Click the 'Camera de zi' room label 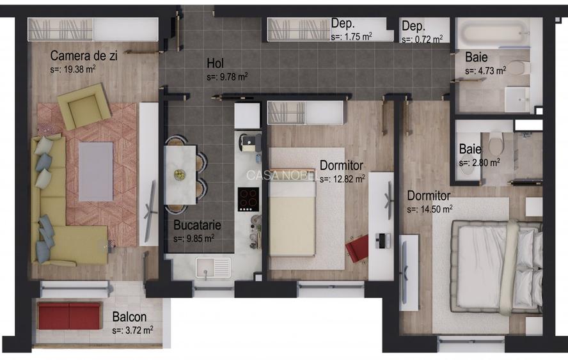pyautogui.click(x=83, y=56)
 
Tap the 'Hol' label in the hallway pyautogui.click(x=214, y=63)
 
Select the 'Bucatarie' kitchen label pyautogui.click(x=197, y=225)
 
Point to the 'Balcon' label pyautogui.click(x=129, y=317)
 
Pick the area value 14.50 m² pyautogui.click(x=430, y=209)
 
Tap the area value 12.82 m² pyautogui.click(x=343, y=179)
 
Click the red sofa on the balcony pyautogui.click(x=69, y=316)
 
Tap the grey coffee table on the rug pyautogui.click(x=96, y=171)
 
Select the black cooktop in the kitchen pyautogui.click(x=248, y=199)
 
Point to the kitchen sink pyautogui.click(x=214, y=267)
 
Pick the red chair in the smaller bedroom pyautogui.click(x=357, y=248)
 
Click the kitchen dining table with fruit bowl pyautogui.click(x=180, y=174)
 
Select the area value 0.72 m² pyautogui.click(x=422, y=40)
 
